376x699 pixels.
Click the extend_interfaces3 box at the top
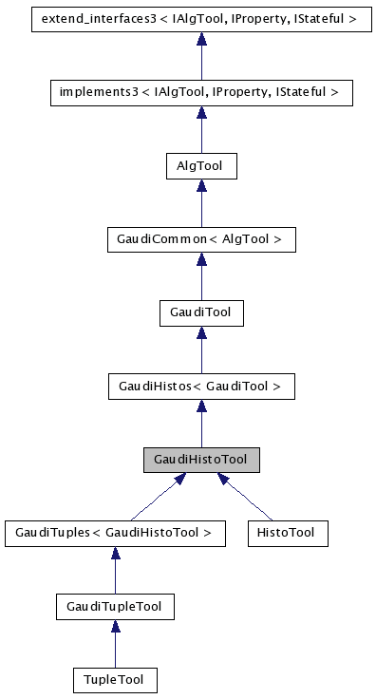pos(200,18)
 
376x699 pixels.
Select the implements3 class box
pos(200,92)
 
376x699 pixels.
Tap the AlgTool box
pos(200,165)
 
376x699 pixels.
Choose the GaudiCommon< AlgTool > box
pos(200,238)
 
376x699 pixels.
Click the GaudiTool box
pos(200,312)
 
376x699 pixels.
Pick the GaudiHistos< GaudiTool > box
pos(200,386)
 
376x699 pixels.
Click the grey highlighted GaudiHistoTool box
pos(200,460)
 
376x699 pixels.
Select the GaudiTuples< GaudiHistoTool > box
pos(114,533)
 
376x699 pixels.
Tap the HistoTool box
pos(286,533)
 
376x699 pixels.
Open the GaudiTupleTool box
pos(114,606)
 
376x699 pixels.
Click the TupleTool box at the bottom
pos(114,679)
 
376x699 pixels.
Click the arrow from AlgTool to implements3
pos(200,129)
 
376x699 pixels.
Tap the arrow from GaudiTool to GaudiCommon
pos(200,275)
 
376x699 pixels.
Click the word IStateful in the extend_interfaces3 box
pos(322,18)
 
